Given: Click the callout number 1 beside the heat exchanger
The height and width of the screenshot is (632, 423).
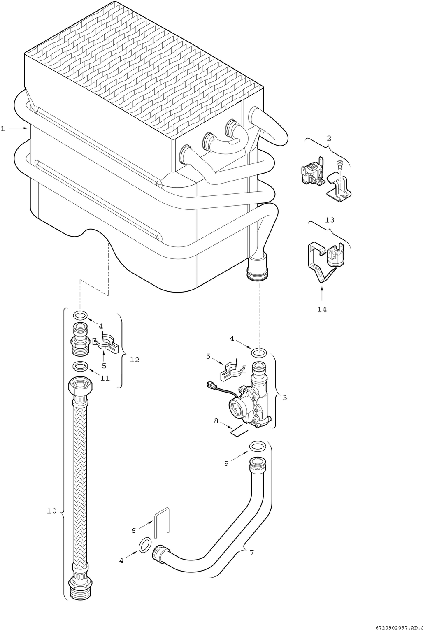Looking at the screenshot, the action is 3,129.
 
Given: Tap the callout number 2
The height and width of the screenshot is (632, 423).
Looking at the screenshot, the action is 329,138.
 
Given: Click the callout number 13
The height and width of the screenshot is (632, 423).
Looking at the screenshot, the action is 330,220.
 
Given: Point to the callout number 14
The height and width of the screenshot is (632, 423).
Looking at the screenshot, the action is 322,309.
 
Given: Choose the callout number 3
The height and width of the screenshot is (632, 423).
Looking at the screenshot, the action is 285,398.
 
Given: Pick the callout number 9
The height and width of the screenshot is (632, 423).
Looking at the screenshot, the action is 226,464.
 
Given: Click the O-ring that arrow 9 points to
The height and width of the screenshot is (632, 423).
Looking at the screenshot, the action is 257,446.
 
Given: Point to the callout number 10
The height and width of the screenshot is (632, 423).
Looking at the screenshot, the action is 52,511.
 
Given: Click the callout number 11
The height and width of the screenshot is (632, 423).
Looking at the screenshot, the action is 105,378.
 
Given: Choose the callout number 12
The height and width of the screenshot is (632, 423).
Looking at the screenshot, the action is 135,360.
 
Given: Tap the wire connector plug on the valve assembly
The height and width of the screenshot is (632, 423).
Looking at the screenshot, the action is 211,384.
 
